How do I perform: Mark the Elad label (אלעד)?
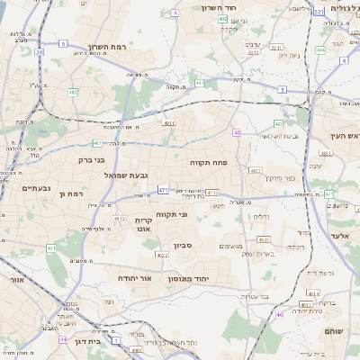coord(338,234)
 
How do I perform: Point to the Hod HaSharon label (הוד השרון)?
coord(243,7)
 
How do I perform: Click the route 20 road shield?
coord(40,53)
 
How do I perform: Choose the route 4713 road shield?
coord(212,192)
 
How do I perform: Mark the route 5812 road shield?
coord(253,52)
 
